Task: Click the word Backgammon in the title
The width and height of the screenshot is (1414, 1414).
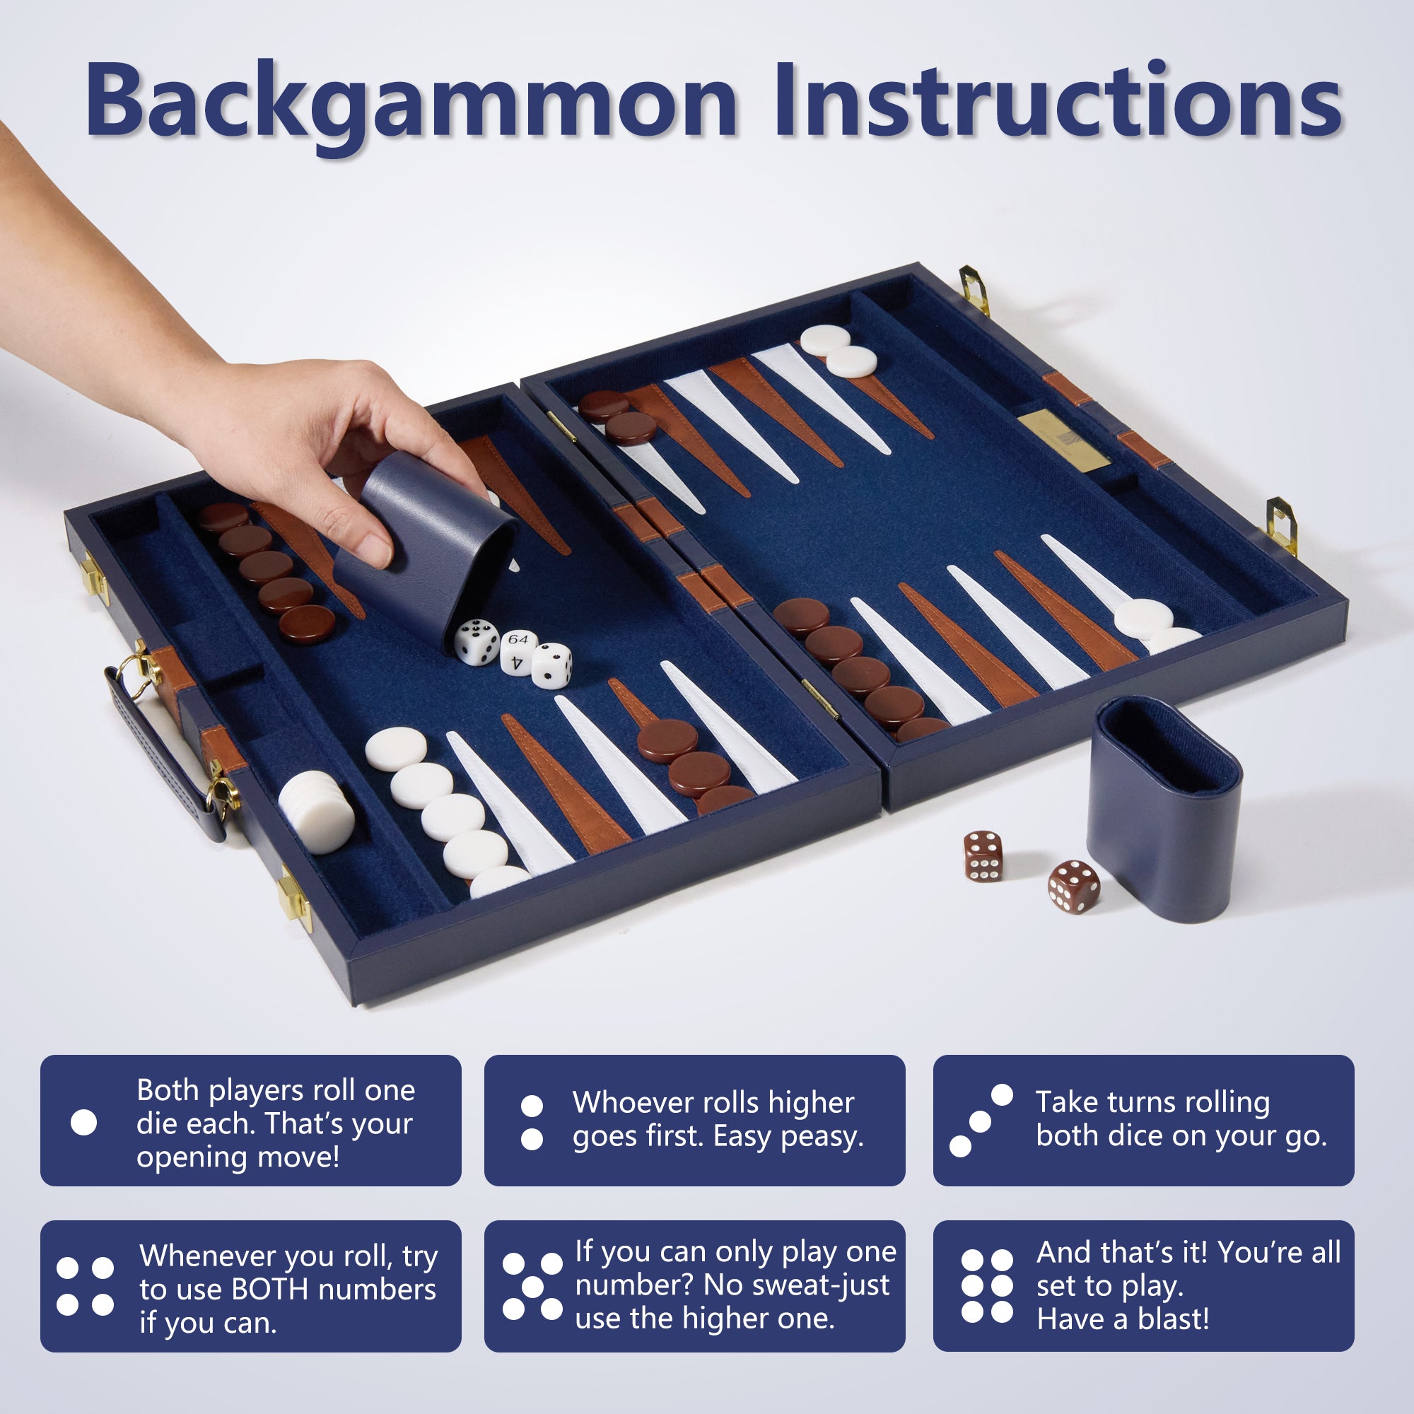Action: click(x=411, y=103)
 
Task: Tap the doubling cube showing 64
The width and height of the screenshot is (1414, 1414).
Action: click(x=519, y=651)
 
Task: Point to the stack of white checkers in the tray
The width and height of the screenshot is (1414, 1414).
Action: click(x=316, y=812)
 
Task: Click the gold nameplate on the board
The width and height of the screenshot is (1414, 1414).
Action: click(x=1063, y=440)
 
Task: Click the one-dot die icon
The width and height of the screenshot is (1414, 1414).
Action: click(x=83, y=1122)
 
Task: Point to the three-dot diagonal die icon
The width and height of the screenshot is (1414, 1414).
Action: click(x=981, y=1121)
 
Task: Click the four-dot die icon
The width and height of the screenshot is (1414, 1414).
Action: click(x=85, y=1286)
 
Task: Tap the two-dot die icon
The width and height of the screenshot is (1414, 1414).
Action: click(x=532, y=1122)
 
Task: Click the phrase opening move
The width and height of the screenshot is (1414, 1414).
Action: click(x=237, y=1158)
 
